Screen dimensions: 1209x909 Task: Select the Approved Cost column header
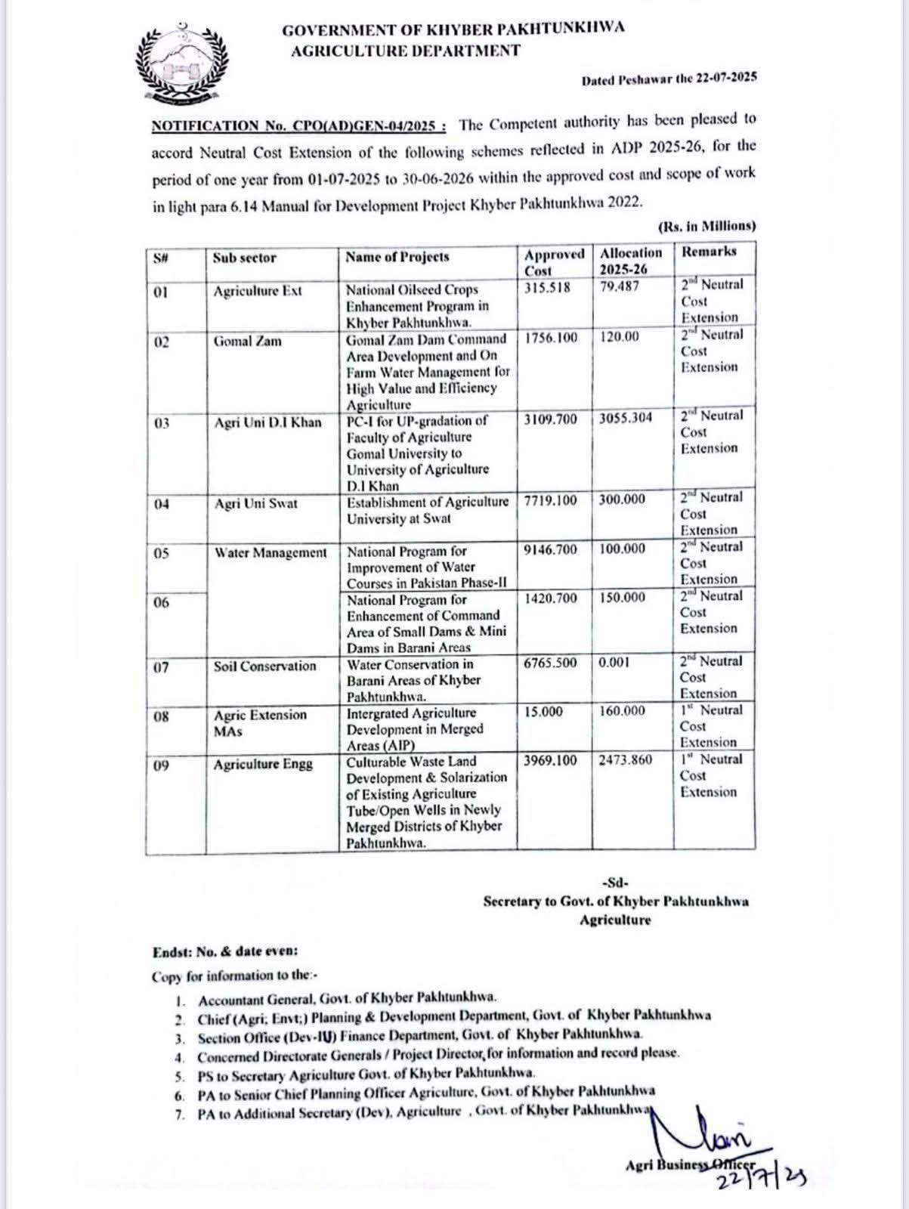(x=554, y=261)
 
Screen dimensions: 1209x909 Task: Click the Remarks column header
(x=709, y=252)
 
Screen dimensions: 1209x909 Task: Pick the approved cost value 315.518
(x=548, y=287)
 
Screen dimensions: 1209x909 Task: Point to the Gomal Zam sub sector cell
(x=247, y=342)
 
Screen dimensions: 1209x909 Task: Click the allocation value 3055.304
(x=626, y=419)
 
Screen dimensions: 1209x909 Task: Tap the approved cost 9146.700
(x=550, y=549)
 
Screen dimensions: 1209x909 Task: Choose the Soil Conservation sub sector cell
(x=264, y=666)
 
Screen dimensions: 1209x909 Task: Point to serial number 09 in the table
(x=161, y=766)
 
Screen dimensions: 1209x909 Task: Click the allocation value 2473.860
(x=626, y=760)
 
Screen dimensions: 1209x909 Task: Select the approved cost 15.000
(x=543, y=711)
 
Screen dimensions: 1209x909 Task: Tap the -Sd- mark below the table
(x=616, y=883)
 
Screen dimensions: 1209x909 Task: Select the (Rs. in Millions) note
(x=706, y=226)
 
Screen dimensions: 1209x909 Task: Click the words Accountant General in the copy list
(x=251, y=999)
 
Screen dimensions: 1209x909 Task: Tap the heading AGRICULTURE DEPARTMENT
(x=406, y=51)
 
